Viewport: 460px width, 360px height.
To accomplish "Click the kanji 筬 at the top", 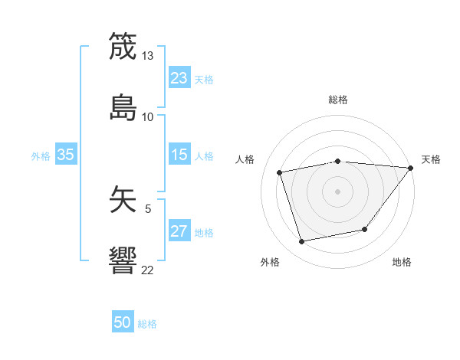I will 123,46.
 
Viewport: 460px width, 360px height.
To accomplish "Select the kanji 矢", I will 123,198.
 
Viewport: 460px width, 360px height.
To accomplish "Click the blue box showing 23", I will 179,78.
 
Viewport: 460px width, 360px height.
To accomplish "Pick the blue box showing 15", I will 179,155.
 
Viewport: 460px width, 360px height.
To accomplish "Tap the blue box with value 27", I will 179,232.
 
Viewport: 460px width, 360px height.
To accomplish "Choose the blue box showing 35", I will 66,155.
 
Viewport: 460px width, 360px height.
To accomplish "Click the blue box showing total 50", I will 123,323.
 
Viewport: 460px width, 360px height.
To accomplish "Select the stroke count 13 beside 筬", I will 147,56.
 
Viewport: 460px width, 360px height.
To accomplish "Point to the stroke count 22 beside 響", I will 147,270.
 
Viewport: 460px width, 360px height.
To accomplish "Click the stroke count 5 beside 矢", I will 147,208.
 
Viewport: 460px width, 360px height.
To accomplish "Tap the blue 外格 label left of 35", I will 41,156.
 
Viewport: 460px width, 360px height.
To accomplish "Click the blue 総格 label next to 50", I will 147,324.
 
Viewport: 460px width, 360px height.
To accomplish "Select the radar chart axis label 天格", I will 431,159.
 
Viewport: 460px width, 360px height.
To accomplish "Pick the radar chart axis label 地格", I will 402,262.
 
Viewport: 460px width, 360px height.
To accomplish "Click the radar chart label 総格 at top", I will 337,100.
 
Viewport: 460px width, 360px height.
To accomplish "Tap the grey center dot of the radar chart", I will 337,191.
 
